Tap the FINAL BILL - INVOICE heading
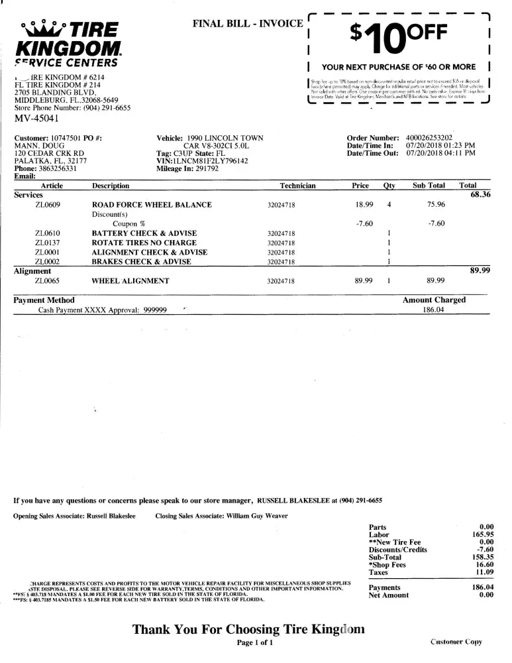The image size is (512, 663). [x=246, y=23]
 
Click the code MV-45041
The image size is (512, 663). [x=36, y=119]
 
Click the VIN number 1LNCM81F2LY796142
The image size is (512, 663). [x=202, y=161]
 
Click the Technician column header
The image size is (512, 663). [x=297, y=186]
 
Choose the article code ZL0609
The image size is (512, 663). [x=48, y=206]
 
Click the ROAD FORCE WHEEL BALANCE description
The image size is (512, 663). [x=152, y=206]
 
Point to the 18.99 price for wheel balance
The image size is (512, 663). [x=365, y=206]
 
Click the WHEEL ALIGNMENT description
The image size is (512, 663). [x=130, y=281]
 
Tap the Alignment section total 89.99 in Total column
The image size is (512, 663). [x=480, y=271]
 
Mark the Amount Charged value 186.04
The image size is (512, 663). [x=434, y=310]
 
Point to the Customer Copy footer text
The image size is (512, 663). [x=456, y=642]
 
